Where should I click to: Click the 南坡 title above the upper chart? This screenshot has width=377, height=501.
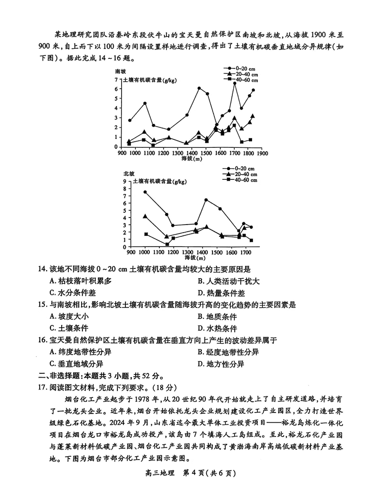pos(121,71)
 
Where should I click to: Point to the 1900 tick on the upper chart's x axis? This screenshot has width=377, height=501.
pos(262,153)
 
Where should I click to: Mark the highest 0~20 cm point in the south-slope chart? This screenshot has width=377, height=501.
pos(234,83)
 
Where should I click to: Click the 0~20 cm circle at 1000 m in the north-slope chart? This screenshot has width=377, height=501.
pos(145,192)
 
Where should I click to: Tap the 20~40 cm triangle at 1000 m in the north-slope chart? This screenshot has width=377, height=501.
pos(145,216)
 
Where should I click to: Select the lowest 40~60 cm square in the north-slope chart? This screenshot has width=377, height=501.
pos(167,244)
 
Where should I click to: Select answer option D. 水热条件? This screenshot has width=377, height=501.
pos(217,329)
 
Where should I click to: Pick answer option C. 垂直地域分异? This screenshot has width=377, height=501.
pos(76,364)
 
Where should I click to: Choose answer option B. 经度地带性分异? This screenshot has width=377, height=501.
pos(228,352)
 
